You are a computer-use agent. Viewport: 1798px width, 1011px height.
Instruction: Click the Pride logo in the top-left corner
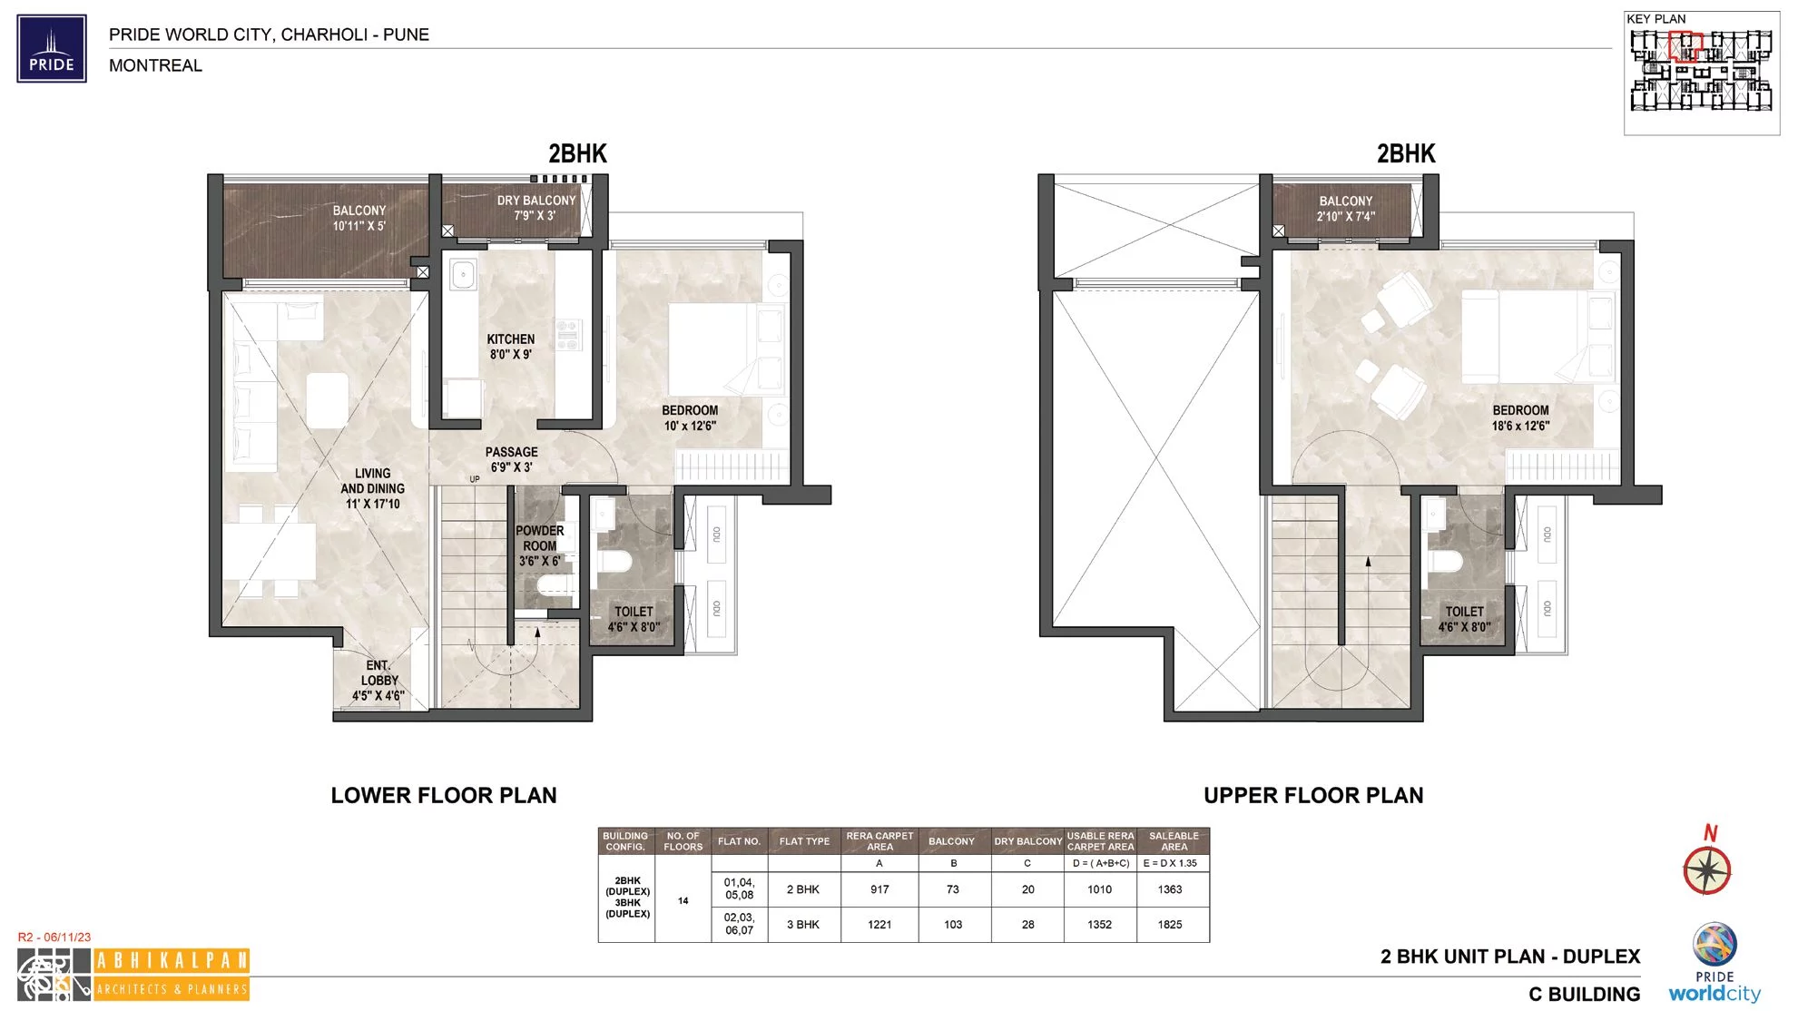(x=52, y=48)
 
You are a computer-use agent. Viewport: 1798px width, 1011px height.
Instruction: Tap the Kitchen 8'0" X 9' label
(x=511, y=347)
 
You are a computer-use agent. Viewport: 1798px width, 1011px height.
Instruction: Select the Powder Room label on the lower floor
(x=540, y=545)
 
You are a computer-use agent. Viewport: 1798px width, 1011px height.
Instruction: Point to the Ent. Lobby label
(x=378, y=681)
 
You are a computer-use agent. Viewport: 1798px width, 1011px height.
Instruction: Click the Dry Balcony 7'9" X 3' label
(x=535, y=208)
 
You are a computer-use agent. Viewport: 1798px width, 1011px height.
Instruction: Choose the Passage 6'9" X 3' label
(x=511, y=459)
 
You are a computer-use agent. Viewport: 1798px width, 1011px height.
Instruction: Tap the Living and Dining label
(x=372, y=488)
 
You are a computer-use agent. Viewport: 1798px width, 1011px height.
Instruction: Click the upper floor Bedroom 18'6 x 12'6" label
(x=1520, y=417)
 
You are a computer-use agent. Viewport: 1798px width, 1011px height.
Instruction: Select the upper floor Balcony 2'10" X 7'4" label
(x=1345, y=209)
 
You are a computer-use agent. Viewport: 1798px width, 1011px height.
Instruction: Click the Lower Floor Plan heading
(x=444, y=796)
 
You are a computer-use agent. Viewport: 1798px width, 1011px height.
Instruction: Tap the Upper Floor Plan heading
(x=1313, y=796)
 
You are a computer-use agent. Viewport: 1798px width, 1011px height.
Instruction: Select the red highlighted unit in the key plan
(x=1685, y=46)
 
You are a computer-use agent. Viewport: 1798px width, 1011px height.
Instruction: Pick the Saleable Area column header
(x=1174, y=841)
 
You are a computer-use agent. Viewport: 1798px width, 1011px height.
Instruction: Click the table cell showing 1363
(x=1170, y=889)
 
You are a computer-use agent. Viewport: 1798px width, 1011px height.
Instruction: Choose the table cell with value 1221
(x=879, y=925)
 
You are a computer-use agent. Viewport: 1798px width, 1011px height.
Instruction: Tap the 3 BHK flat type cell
(x=803, y=925)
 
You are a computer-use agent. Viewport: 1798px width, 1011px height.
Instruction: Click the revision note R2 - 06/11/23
(x=54, y=937)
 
